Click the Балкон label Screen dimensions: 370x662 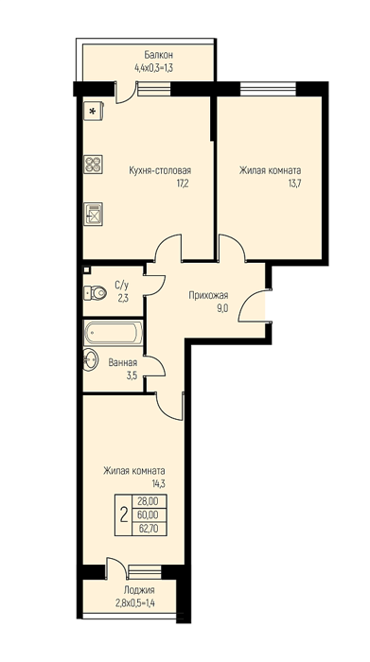[x=158, y=55]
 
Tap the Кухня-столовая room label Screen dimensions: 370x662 [x=160, y=170]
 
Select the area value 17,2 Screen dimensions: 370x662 [x=181, y=183]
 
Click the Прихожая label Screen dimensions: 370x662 [x=208, y=295]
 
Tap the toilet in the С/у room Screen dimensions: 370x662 [x=95, y=292]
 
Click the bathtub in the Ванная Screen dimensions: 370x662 [x=114, y=333]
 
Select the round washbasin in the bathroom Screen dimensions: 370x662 [x=90, y=359]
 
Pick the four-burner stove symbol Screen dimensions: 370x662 [x=93, y=165]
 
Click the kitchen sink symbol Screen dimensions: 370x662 [x=93, y=214]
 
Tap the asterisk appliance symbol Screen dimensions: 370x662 [x=93, y=111]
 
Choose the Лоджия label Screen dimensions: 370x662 [x=139, y=590]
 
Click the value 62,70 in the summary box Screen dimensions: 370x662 [x=148, y=528]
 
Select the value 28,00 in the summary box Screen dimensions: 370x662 [x=148, y=501]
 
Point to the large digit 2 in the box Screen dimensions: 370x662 [x=124, y=515]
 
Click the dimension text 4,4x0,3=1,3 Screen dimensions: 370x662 [x=153, y=67]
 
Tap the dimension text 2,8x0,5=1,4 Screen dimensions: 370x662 [x=135, y=603]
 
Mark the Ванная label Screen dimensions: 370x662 [x=122, y=362]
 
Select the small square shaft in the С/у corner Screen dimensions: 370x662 [x=86, y=270]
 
